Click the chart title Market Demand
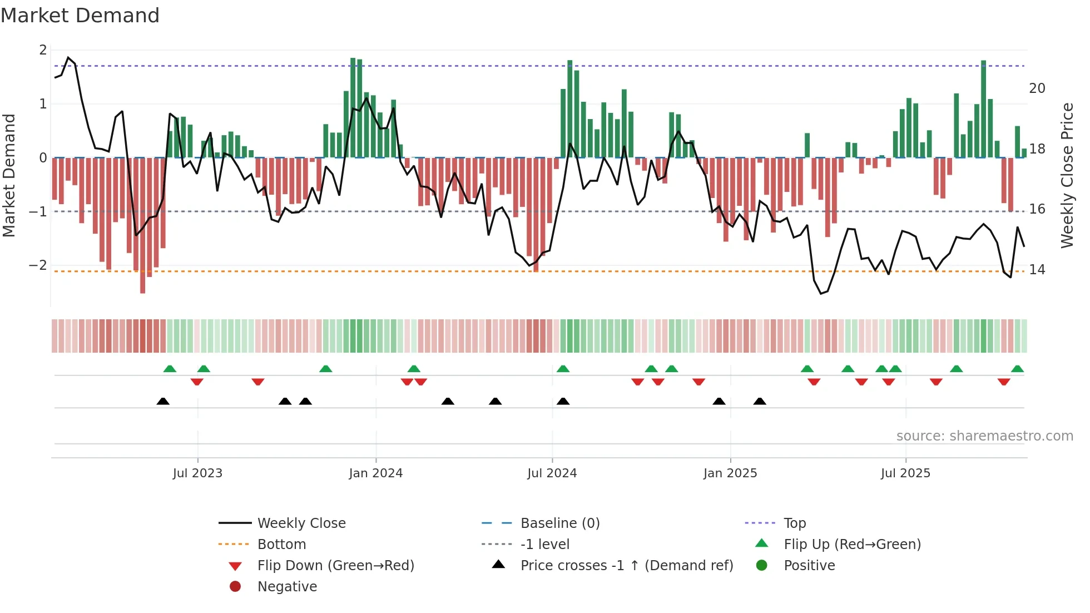point(80,16)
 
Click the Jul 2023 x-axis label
point(197,473)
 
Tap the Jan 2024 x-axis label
point(375,473)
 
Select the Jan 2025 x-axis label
point(730,473)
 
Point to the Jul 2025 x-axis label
point(905,473)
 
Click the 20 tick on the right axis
point(1037,88)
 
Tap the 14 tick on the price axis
point(1037,270)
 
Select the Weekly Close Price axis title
point(1067,175)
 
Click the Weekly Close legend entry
point(301,523)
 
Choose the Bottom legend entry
point(281,545)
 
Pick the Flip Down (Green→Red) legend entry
point(335,566)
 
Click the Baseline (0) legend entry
point(559,523)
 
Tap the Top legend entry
point(794,523)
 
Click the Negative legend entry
point(287,587)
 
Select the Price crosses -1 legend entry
point(626,566)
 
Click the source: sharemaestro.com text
point(984,436)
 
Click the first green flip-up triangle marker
point(170,369)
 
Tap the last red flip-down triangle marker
point(1003,382)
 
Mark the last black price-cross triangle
point(760,401)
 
